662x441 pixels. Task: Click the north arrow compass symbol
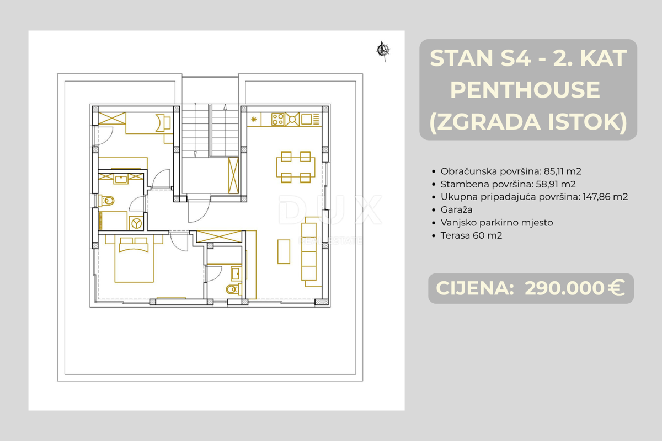click(382, 50)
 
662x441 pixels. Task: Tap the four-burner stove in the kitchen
click(277, 119)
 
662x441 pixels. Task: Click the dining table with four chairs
click(295, 166)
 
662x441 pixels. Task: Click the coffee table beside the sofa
click(284, 251)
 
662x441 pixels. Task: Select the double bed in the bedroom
click(134, 259)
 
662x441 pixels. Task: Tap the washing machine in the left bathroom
click(136, 223)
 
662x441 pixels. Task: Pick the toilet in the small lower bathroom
click(232, 289)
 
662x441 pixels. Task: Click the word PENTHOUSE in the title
click(525, 90)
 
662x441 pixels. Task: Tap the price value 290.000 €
click(574, 288)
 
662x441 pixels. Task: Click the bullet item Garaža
click(456, 209)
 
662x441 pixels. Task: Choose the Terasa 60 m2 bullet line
click(471, 235)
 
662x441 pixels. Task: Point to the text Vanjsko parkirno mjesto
click(496, 223)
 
